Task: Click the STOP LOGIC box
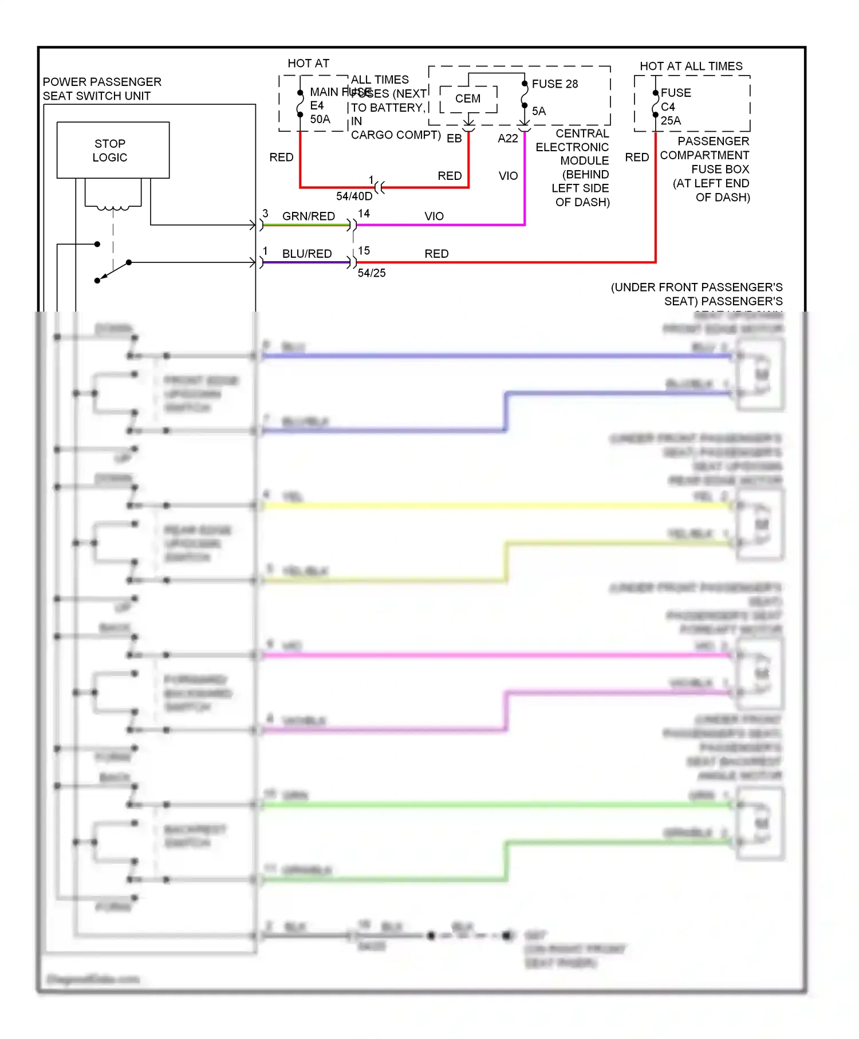[x=113, y=150]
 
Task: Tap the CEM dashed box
[x=468, y=99]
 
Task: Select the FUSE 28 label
[x=554, y=84]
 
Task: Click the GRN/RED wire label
[x=308, y=217]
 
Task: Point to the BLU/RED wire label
[x=306, y=254]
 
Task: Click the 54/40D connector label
[x=354, y=196]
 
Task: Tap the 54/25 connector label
[x=372, y=273]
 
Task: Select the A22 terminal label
[x=507, y=139]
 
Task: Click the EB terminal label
[x=454, y=139]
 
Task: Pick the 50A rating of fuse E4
[x=320, y=120]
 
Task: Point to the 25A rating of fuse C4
[x=671, y=121]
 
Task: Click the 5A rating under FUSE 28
[x=538, y=111]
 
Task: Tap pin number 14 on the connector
[x=364, y=214]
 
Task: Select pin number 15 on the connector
[x=364, y=251]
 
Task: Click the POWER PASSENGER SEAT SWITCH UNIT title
[x=102, y=89]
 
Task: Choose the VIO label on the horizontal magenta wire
[x=434, y=217]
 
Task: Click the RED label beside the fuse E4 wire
[x=281, y=158]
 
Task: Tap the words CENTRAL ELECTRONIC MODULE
[x=573, y=147]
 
